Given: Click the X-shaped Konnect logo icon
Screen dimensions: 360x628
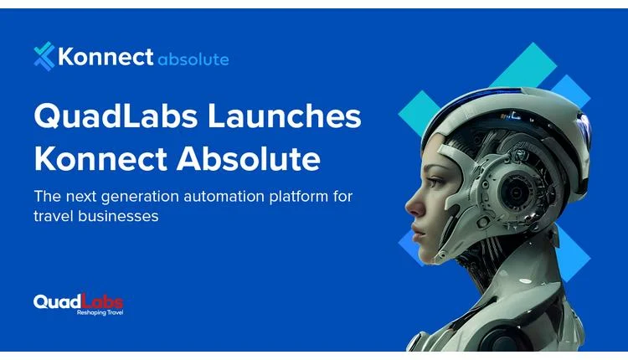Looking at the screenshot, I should pyautogui.click(x=44, y=57).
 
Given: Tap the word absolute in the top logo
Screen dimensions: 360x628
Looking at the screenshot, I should pyautogui.click(x=193, y=59).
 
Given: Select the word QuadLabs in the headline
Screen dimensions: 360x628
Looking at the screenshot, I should pyautogui.click(x=106, y=116).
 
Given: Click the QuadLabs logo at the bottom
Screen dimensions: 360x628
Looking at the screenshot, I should pyautogui.click(x=78, y=301).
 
